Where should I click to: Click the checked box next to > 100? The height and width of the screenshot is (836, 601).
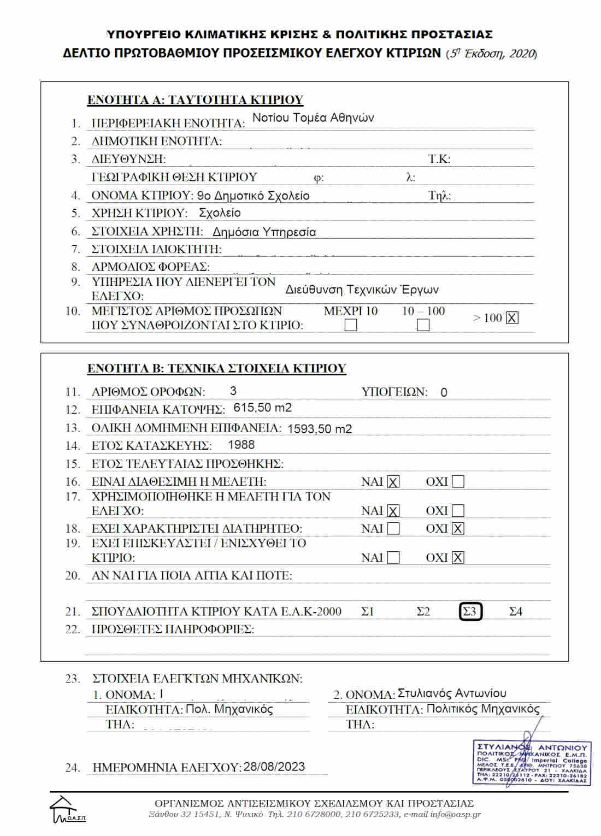pos(512,318)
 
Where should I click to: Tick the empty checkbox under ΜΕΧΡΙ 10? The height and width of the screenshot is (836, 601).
pos(351,325)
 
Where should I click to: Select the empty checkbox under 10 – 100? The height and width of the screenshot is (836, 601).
pos(423,325)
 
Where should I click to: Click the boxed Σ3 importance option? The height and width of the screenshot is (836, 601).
pos(470,611)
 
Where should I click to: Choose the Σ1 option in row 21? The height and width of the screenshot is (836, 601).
pos(368,611)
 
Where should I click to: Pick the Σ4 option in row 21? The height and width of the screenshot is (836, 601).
pos(516,611)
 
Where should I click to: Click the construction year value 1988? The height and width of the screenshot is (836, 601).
pos(241,445)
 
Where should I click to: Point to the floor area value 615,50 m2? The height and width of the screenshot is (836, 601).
pos(262,408)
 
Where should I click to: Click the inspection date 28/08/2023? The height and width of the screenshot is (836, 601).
pos(274,767)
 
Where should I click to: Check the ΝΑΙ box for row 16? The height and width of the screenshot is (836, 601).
pos(393,482)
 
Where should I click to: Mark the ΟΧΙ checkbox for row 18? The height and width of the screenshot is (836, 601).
pos(458,528)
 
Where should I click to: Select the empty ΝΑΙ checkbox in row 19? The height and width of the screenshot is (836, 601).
pos(393,558)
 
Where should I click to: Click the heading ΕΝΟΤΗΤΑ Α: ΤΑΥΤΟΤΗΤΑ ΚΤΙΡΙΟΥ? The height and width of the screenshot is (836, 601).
pos(195,100)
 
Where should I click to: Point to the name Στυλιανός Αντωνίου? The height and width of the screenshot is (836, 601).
pos(452,693)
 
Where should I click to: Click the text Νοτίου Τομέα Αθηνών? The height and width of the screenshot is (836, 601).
pos(313,118)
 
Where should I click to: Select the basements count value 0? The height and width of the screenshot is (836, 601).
pos(444,392)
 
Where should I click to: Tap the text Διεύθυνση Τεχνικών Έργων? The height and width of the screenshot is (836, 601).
pos(362,290)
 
